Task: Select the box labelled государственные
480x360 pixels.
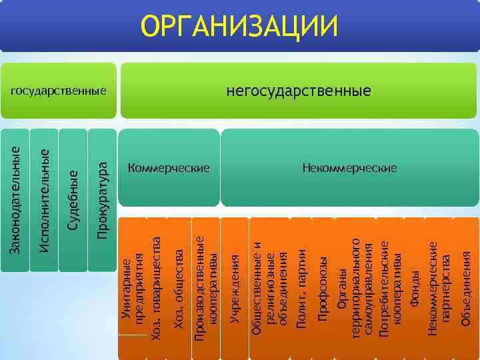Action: pos(58,90)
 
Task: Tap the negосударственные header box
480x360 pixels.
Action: pos(298,90)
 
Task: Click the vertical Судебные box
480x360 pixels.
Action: pos(73,200)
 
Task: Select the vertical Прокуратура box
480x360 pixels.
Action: pos(102,200)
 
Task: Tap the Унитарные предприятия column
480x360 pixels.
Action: pos(133,287)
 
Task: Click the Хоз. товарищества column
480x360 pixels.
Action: pos(155,287)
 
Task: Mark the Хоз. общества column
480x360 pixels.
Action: pos(178,287)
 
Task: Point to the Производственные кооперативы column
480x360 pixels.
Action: pos(205,287)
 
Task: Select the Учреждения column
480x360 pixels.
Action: pos(234,287)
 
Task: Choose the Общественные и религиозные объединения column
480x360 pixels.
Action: pos(269,287)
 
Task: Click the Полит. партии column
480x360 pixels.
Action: pos(301,287)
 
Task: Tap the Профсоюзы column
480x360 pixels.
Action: pos(323,287)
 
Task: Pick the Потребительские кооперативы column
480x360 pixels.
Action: pos(390,287)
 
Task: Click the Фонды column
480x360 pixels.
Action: pos(415,287)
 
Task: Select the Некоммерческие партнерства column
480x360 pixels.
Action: pos(439,287)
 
